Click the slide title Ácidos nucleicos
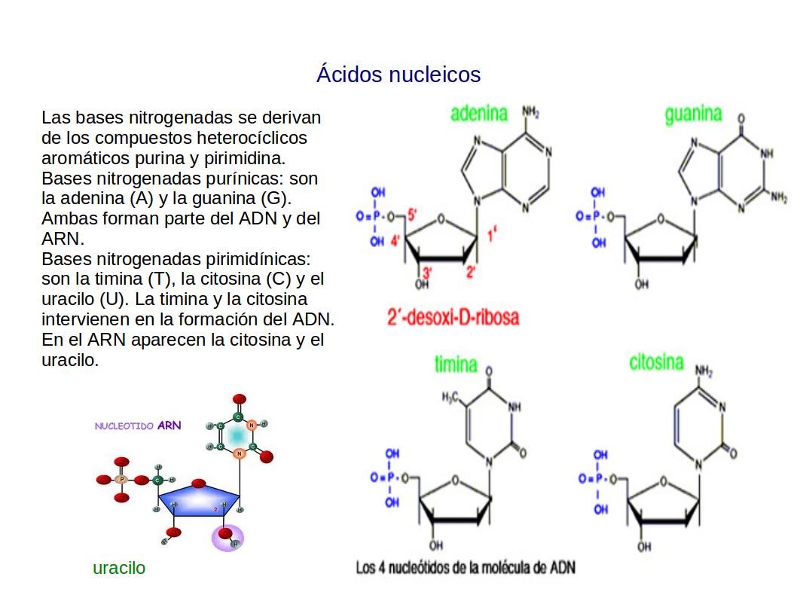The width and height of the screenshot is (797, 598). [398, 75]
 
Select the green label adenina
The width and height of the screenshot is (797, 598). [479, 114]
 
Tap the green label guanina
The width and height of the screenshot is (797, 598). [693, 114]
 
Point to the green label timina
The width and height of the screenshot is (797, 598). [456, 365]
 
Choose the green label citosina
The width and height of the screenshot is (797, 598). [656, 362]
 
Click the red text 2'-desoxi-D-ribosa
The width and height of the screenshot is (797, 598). [453, 317]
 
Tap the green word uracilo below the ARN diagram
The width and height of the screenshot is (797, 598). [119, 569]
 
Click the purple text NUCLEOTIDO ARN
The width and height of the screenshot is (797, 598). [138, 426]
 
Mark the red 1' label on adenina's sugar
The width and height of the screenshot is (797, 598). [491, 235]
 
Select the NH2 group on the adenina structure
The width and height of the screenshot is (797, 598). [530, 113]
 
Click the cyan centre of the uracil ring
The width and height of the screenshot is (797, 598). [238, 435]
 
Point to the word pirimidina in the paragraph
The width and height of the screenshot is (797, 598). [246, 159]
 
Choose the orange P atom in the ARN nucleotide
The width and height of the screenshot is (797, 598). [121, 479]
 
